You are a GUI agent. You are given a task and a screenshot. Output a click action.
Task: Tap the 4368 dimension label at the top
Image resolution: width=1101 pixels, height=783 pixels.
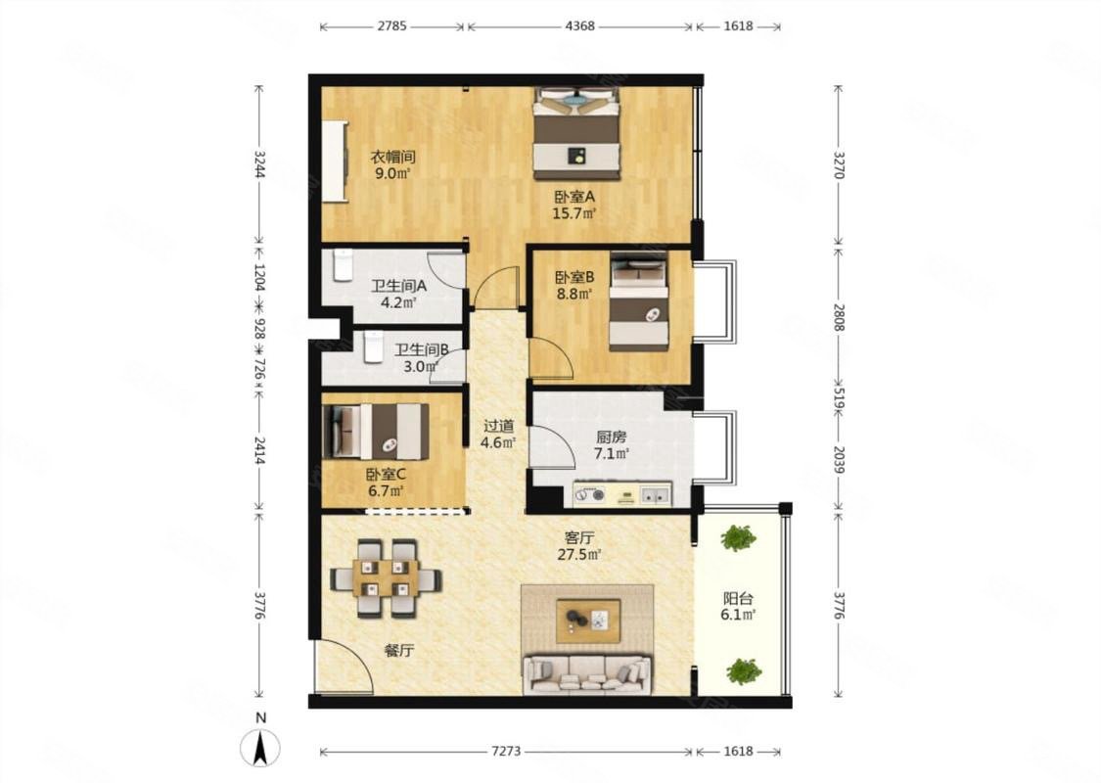click(x=579, y=26)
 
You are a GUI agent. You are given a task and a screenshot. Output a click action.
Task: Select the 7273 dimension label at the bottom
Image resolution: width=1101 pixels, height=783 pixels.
click(x=506, y=751)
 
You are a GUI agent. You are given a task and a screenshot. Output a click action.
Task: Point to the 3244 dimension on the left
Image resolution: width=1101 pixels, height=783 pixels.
click(x=259, y=163)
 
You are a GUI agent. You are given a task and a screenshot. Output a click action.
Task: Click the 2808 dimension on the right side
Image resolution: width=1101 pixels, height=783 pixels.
click(x=839, y=317)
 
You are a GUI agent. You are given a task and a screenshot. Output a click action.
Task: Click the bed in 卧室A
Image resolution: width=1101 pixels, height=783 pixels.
click(x=576, y=133)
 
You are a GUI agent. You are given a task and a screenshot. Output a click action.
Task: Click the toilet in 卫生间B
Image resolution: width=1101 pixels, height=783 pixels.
click(x=373, y=346)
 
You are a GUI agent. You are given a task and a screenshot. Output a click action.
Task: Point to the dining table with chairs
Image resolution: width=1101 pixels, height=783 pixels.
click(x=387, y=577)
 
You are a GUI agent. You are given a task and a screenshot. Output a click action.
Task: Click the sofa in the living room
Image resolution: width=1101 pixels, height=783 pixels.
click(x=587, y=674)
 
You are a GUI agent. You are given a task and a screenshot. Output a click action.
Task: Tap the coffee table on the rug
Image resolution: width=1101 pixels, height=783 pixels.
click(x=588, y=621)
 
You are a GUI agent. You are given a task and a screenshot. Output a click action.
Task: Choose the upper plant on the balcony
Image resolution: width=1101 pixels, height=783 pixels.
click(x=738, y=538)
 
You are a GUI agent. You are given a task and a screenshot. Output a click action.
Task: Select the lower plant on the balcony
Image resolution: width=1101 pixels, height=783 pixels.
click(x=744, y=671)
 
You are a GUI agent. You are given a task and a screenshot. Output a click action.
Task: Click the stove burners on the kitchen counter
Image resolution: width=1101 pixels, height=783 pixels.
click(x=589, y=495)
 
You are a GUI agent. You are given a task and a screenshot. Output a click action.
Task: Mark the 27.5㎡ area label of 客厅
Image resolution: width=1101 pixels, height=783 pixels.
click(x=579, y=554)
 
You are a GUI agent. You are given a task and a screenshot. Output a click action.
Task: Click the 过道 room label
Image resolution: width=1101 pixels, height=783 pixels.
click(x=498, y=426)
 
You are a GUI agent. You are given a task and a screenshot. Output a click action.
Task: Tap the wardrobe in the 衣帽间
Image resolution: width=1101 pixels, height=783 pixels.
click(x=335, y=161)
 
